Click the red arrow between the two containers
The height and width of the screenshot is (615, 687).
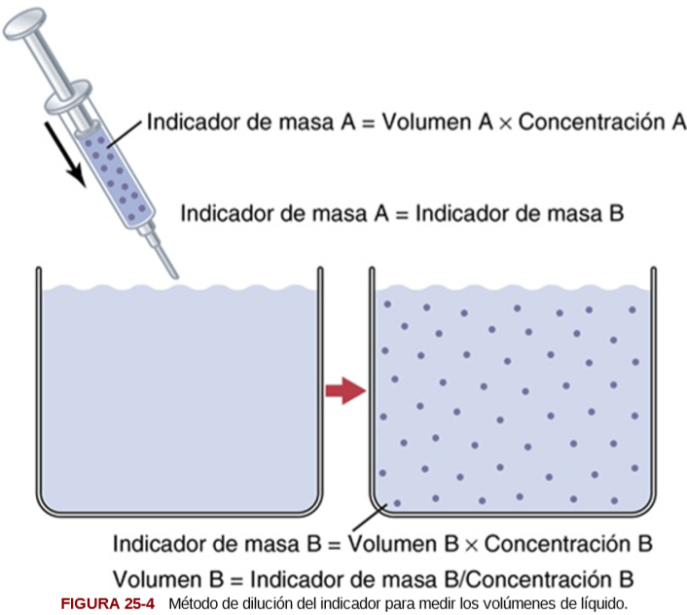point(343,391)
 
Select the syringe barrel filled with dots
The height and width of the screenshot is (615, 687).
point(117,170)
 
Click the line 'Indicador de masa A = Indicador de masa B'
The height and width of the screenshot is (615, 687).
point(402,213)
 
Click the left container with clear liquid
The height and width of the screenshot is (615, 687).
point(179,399)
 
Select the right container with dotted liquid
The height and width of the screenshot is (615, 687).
point(512,399)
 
